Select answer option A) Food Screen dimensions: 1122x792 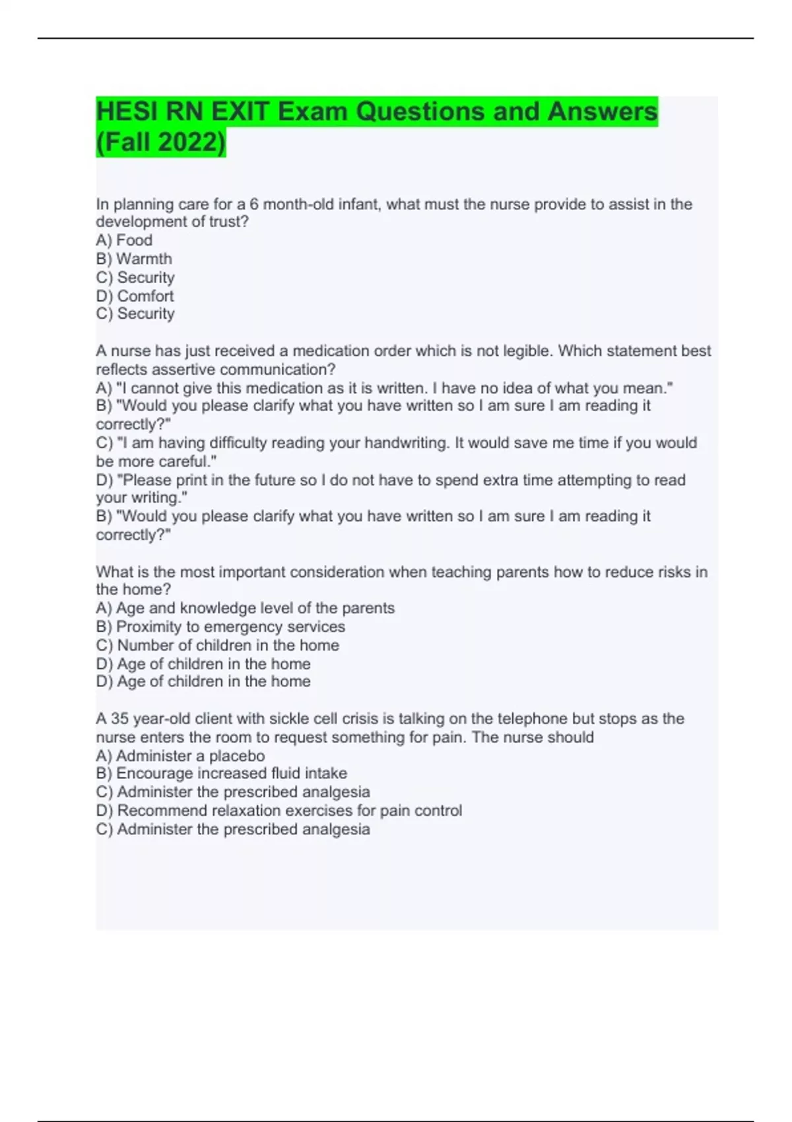click(x=124, y=240)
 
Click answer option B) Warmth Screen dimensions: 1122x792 click(x=134, y=259)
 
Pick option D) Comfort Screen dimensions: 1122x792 click(x=135, y=296)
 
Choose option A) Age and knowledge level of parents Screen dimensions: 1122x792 click(x=245, y=608)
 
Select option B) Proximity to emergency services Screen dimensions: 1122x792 click(x=220, y=626)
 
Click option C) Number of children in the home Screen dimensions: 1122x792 click(x=217, y=645)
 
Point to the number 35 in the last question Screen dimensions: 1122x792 click(x=119, y=718)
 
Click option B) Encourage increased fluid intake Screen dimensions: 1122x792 click(x=221, y=773)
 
